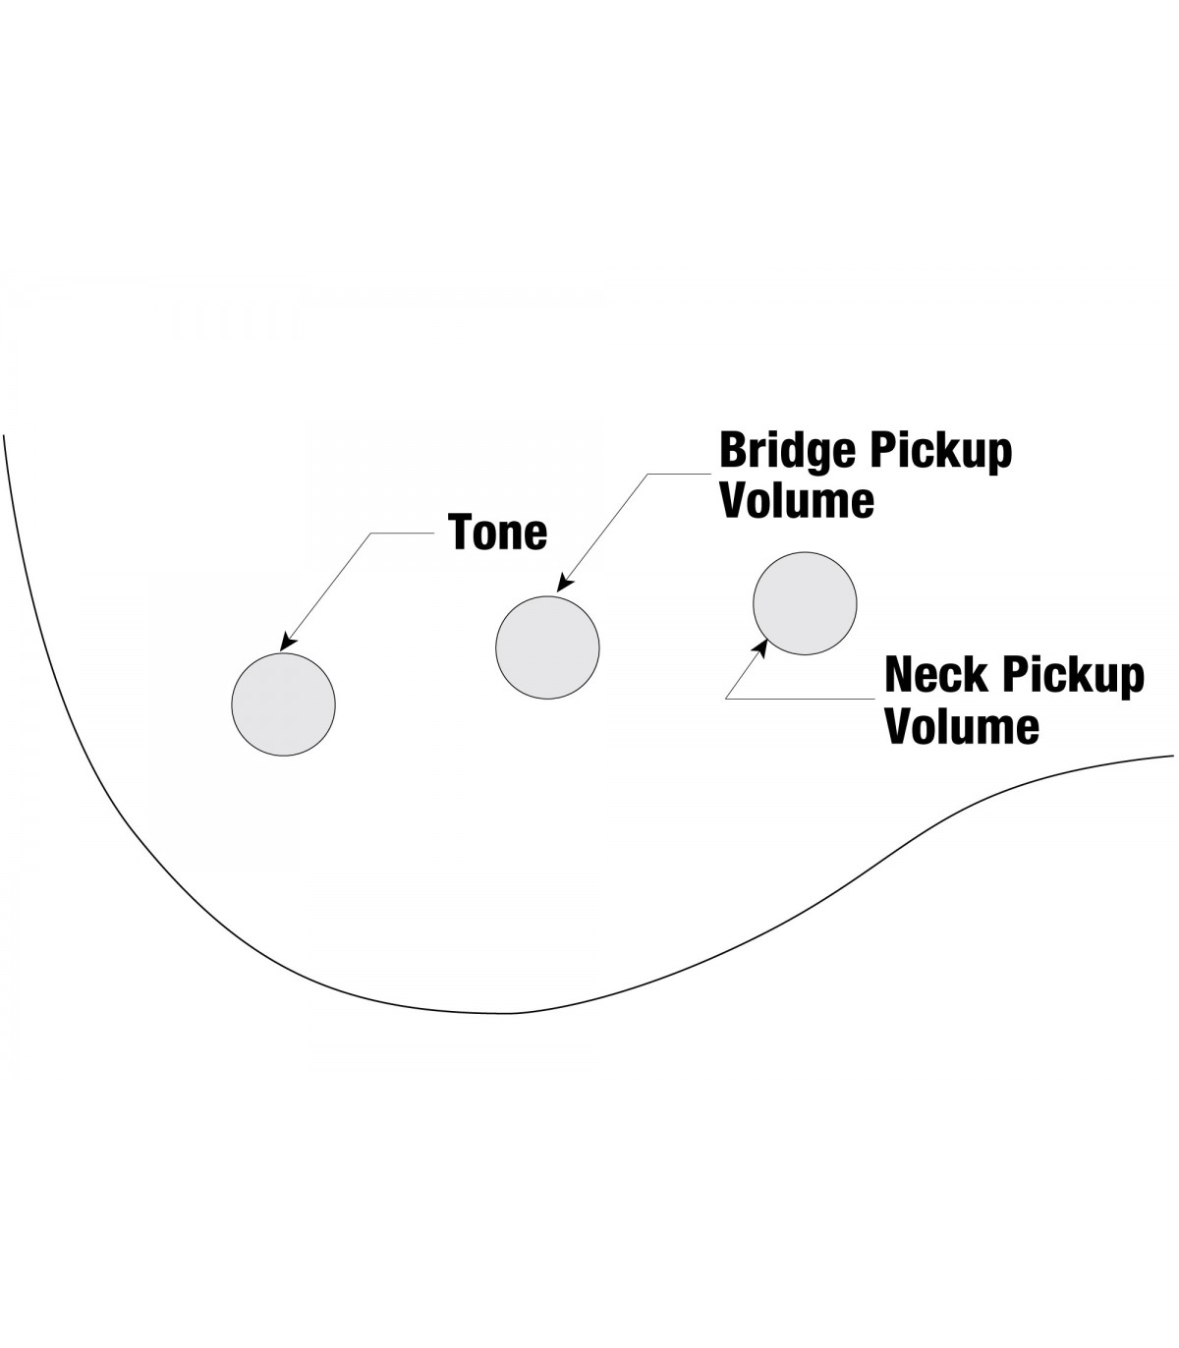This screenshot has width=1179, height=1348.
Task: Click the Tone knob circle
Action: pyautogui.click(x=283, y=703)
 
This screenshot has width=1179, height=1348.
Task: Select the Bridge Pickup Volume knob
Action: pyautogui.click(x=547, y=647)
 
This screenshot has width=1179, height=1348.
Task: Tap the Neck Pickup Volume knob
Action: pyautogui.click(x=805, y=603)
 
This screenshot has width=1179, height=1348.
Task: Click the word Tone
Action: pyautogui.click(x=498, y=533)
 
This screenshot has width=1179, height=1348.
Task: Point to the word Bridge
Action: pyautogui.click(x=785, y=450)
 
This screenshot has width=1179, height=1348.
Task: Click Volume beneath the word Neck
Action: pyautogui.click(x=962, y=726)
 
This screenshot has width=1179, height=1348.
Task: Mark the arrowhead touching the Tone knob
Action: pyautogui.click(x=287, y=644)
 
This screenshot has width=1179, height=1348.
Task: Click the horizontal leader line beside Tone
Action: pyautogui.click(x=403, y=534)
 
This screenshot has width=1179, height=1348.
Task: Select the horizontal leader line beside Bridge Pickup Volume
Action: pyautogui.click(x=677, y=473)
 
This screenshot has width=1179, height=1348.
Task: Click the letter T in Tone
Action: pyautogui.click(x=462, y=533)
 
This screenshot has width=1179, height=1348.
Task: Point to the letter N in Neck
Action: pyautogui.click(x=902, y=676)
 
